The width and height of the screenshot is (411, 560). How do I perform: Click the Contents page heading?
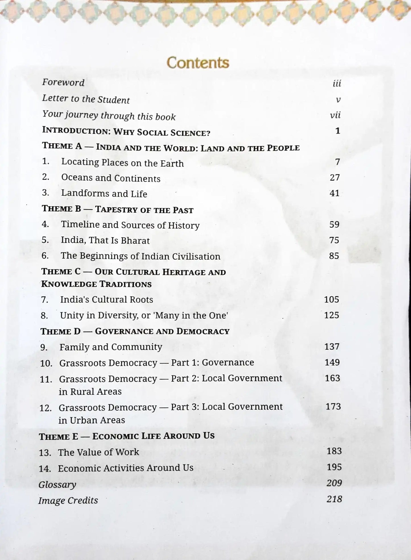[198, 63]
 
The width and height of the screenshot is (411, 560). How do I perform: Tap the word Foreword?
[63, 82]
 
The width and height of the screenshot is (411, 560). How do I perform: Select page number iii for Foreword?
[336, 84]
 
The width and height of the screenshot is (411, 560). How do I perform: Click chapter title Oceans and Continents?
[111, 178]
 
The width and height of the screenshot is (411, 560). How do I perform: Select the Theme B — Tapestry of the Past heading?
[117, 209]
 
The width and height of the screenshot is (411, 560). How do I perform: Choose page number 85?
[334, 256]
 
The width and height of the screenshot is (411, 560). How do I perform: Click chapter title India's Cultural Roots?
[106, 299]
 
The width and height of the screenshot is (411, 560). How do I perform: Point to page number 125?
[331, 315]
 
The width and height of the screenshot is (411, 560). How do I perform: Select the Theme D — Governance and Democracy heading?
[135, 331]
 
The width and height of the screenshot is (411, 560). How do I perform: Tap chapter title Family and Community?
[111, 347]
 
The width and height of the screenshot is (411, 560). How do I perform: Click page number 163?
[332, 378]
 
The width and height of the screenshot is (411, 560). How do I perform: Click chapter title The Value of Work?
[98, 452]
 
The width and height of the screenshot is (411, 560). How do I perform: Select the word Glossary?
[57, 484]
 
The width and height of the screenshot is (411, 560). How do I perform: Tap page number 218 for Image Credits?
[334, 499]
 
